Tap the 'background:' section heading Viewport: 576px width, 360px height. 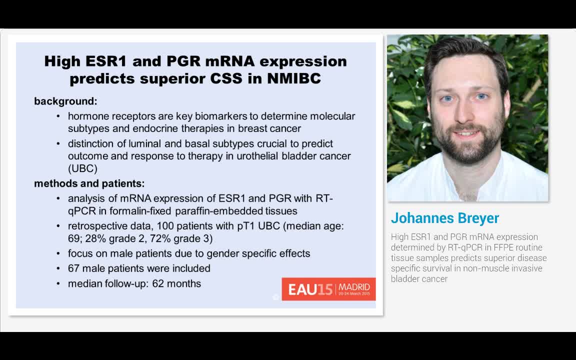(65, 101)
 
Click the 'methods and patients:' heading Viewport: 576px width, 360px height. (89, 183)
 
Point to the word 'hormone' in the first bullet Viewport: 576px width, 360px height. (87, 116)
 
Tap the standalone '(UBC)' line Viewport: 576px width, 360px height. (82, 168)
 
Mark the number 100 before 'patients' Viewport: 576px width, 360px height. (172, 226)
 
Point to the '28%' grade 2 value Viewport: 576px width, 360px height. (95, 238)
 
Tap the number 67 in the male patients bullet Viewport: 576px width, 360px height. (74, 268)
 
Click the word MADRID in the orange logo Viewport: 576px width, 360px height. (354, 287)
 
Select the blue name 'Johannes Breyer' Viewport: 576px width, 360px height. (444, 218)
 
